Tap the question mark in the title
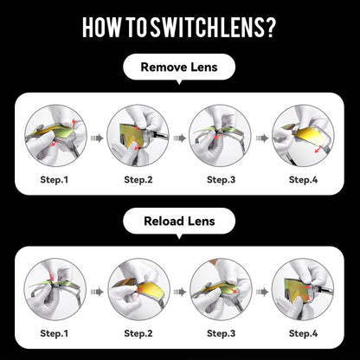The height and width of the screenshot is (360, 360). [x=271, y=28]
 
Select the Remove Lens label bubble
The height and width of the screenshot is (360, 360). [x=179, y=67]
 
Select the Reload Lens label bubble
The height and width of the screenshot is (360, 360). [x=179, y=222]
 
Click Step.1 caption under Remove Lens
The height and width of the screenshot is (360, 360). [x=55, y=180]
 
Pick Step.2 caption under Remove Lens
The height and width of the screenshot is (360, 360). [x=138, y=180]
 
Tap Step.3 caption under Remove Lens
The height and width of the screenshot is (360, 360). [x=222, y=180]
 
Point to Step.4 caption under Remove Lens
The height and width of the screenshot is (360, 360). [x=304, y=180]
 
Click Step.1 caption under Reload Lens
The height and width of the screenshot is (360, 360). [x=55, y=333]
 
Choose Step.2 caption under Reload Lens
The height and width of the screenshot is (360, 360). [x=138, y=333]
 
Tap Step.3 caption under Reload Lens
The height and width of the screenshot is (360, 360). [x=222, y=333]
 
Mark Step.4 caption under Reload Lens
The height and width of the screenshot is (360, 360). [x=304, y=333]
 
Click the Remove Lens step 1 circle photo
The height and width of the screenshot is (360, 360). [x=55, y=136]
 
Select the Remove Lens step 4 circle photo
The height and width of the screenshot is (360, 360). [x=303, y=136]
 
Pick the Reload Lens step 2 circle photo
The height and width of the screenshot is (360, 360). [x=138, y=289]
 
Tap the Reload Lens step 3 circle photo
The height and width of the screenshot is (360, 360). [x=221, y=289]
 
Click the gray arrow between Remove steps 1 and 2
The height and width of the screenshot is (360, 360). [x=97, y=138]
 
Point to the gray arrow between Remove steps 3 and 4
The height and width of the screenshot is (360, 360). [x=262, y=138]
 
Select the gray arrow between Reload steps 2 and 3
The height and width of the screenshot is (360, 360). [x=180, y=292]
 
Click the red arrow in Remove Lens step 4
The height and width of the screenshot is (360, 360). [x=318, y=149]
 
